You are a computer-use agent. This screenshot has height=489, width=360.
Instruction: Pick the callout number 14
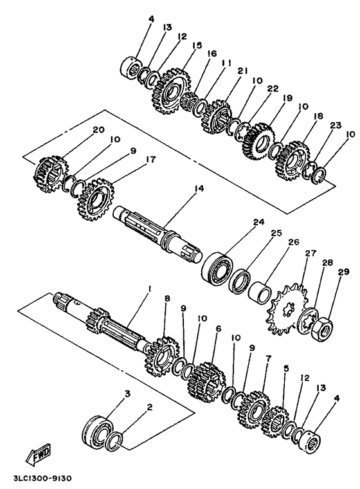[199, 189]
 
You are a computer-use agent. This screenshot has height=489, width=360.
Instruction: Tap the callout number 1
[149, 289]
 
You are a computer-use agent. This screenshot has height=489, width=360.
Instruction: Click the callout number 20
[98, 129]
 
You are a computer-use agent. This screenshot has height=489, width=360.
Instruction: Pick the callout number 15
[197, 45]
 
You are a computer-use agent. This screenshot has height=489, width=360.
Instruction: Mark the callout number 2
[150, 407]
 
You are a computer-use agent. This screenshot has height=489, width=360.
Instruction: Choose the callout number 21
[243, 71]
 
